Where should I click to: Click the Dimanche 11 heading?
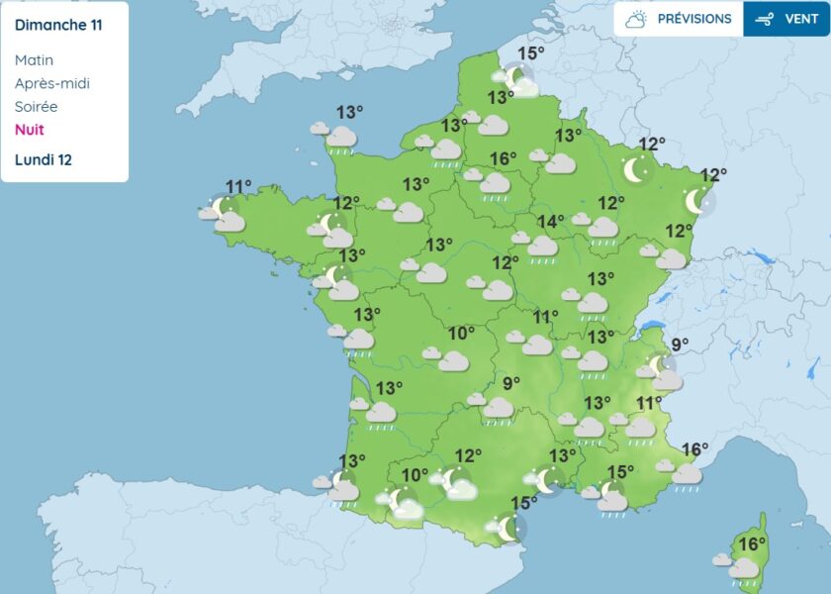[57, 25]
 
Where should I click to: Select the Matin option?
[34, 60]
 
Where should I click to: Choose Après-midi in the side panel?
[51, 83]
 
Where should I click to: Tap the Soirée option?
[36, 106]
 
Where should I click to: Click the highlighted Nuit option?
[30, 130]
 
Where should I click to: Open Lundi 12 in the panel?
[44, 159]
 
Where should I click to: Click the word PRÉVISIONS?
[694, 19]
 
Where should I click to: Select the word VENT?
[801, 19]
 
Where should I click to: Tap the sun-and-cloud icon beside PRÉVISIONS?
[636, 19]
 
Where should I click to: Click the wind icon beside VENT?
[764, 19]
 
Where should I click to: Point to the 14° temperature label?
[550, 222]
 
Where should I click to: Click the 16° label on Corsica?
[753, 544]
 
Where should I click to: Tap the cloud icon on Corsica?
[743, 569]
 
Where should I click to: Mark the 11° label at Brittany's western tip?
[238, 186]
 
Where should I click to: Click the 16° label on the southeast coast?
[694, 450]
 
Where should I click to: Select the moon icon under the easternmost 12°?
[696, 202]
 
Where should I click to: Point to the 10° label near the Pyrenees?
[415, 474]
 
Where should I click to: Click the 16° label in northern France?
[504, 158]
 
